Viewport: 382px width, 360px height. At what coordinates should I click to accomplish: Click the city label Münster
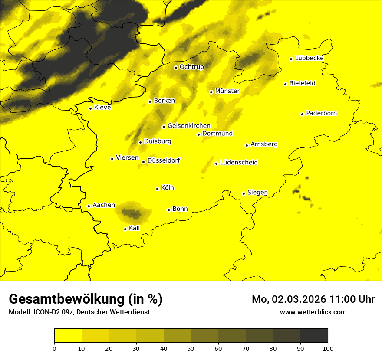click(x=227, y=91)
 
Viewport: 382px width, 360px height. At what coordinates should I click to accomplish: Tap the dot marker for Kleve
click(x=90, y=108)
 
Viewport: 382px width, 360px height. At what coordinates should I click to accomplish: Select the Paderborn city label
click(x=321, y=113)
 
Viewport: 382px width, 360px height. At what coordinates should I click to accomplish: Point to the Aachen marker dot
click(x=89, y=206)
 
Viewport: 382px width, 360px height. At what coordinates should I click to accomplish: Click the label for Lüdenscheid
click(x=239, y=163)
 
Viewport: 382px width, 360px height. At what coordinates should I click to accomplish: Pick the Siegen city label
click(x=257, y=193)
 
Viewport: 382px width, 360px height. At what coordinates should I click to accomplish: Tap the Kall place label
click(x=135, y=228)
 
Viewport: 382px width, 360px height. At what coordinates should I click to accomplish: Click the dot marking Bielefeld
click(x=285, y=84)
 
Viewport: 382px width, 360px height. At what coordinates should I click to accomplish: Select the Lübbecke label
click(x=309, y=58)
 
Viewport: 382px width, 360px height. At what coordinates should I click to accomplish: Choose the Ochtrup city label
click(x=191, y=67)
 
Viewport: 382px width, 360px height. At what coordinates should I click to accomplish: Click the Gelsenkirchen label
click(x=189, y=126)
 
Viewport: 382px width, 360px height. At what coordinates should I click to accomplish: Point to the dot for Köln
click(x=157, y=189)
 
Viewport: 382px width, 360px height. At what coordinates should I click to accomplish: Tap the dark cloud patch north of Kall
click(x=132, y=213)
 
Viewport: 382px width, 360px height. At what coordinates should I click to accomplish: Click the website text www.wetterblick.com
click(x=313, y=312)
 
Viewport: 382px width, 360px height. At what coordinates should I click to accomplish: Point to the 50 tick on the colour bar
click(x=191, y=348)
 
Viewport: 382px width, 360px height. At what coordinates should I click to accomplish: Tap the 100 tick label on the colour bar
click(x=328, y=348)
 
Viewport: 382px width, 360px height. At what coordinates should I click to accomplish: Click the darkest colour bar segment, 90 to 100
click(x=314, y=335)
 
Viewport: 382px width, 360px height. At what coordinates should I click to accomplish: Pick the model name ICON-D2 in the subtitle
click(x=46, y=312)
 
